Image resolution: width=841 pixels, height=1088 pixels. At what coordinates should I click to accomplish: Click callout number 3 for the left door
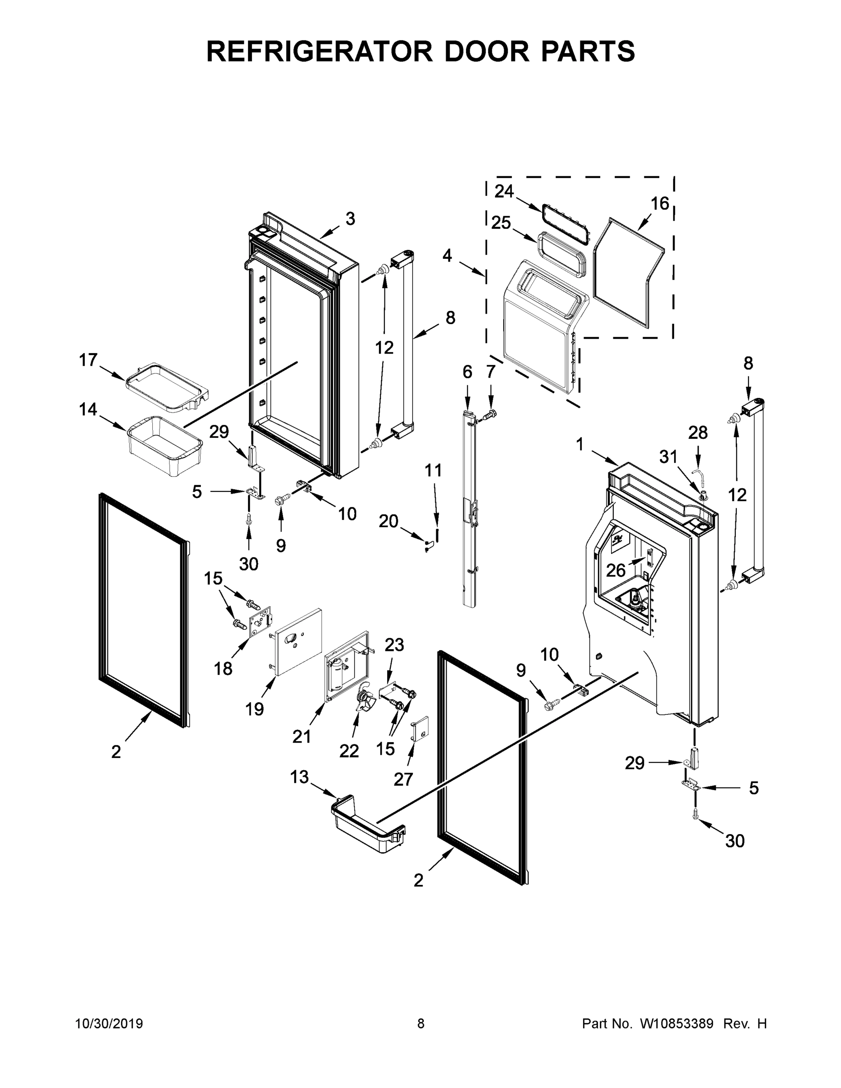[350, 219]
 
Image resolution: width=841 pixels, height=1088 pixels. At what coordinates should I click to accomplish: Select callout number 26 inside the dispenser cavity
[616, 570]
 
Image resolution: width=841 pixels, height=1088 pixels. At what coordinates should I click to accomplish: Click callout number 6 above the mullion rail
[467, 372]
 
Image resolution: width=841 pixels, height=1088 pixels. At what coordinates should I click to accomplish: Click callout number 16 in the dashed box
[660, 203]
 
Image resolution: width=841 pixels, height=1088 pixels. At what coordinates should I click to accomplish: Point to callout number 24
[504, 191]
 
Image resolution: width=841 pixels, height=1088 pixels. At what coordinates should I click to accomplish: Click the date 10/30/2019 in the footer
[109, 1024]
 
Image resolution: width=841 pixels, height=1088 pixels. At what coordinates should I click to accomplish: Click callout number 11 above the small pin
[433, 470]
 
